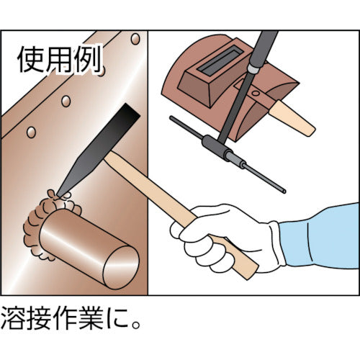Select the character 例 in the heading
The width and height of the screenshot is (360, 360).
click(x=86, y=58)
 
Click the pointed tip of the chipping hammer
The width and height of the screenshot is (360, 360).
click(x=58, y=195)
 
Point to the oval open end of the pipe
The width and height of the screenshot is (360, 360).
click(x=122, y=267)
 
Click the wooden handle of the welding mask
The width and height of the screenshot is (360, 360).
click(x=291, y=118)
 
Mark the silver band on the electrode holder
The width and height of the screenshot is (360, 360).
click(x=254, y=68)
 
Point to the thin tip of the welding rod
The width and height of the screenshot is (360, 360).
click(x=284, y=192)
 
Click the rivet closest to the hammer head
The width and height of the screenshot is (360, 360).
click(x=66, y=101)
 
